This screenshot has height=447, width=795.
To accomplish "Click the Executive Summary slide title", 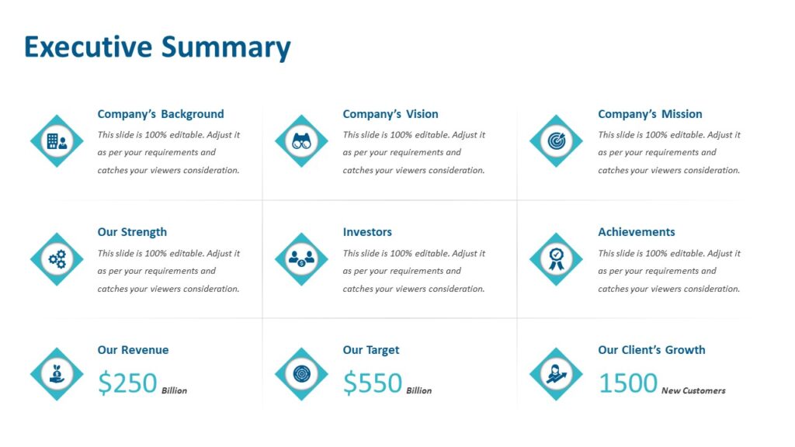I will pos(157,47).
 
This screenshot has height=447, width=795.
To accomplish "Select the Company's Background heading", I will pos(161,114).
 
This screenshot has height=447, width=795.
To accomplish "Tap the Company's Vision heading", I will pos(391,114).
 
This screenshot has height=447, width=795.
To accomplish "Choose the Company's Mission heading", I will pos(650,114).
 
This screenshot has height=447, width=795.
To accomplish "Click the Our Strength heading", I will pos(132,232).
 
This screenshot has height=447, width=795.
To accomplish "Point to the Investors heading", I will pos(367,232).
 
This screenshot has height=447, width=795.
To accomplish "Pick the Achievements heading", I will pos(637,232).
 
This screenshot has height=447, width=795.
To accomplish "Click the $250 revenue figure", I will pos(128,383).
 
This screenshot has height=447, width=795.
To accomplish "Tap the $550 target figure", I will pos(373,383).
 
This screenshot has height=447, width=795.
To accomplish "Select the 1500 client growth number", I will pos(628,383).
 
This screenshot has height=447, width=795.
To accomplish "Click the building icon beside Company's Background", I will pos(57,141).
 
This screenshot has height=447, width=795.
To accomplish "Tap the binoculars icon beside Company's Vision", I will pos(301,141).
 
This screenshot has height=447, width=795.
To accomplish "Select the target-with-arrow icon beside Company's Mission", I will pos(556,141).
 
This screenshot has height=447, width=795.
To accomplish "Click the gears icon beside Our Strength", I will pos(57,259).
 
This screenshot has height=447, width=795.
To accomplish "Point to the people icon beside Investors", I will pos(301,259).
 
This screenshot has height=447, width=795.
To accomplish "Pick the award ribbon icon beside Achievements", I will pos(556,259).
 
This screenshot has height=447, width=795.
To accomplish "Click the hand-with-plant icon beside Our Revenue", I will pos(57,374).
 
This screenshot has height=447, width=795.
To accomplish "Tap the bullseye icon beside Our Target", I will pos(301,374).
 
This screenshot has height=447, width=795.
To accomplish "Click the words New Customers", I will pos(693,390).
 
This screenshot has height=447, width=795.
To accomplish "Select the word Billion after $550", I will pos(419,390).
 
